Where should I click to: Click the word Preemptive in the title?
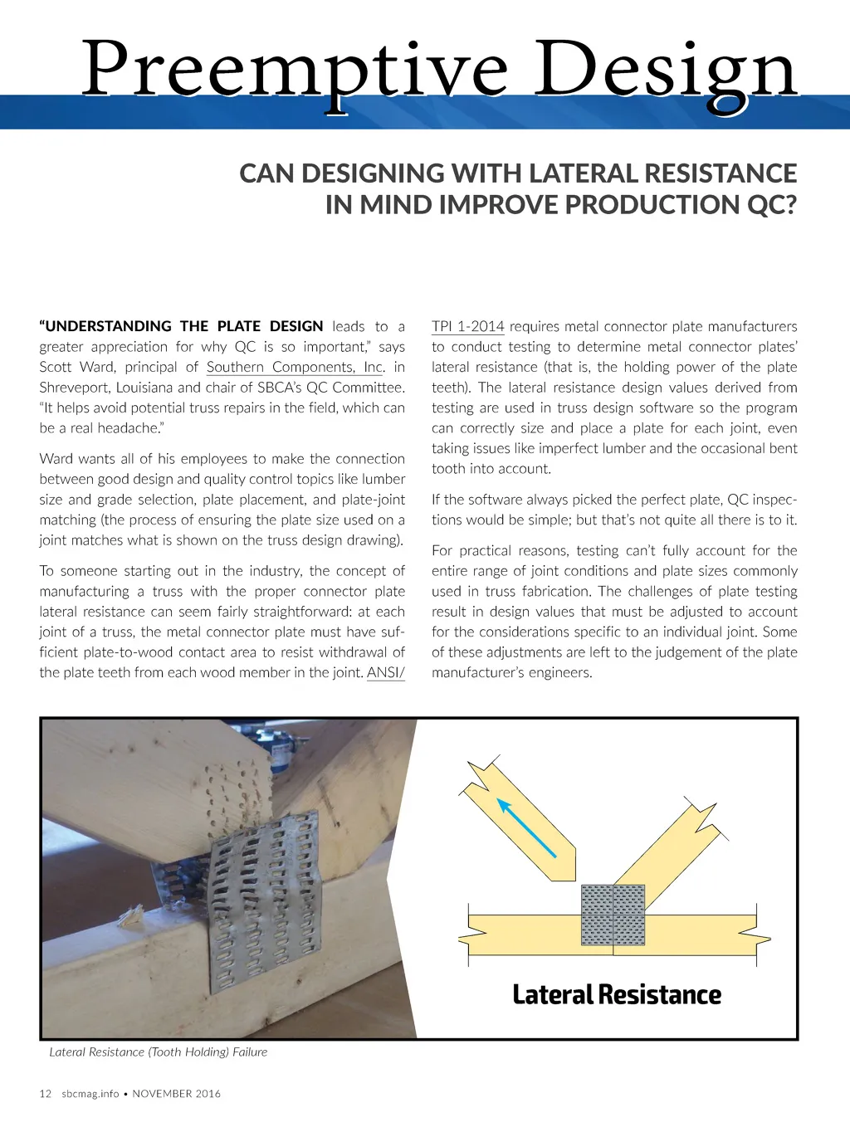295,71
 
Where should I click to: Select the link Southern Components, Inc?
296,367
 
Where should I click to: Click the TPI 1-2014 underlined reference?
467,326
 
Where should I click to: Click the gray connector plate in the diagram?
613,915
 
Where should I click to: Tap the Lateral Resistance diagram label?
617,994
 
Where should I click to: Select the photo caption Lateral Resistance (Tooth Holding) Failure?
158,1052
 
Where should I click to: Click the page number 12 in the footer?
46,1094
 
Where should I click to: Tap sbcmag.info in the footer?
90,1094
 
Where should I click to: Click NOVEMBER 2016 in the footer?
177,1094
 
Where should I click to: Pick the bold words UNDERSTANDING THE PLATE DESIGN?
181,326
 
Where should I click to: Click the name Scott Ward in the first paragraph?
77,367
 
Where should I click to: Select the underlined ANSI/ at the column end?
385,672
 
